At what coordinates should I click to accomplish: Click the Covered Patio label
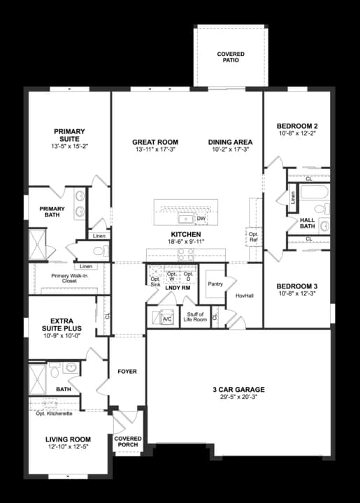click(x=230, y=57)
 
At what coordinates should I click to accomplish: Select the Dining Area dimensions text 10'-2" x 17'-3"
click(x=230, y=151)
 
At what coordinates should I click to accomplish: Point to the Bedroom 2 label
click(x=297, y=126)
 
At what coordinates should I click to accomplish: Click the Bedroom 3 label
click(x=297, y=286)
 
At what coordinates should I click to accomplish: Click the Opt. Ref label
click(x=254, y=237)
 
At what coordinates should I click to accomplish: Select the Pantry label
click(x=215, y=284)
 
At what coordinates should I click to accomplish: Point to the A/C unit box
click(x=166, y=319)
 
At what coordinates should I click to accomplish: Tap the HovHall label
click(x=245, y=296)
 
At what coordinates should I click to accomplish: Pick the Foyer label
click(x=127, y=371)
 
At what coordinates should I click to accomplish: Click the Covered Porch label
click(x=128, y=442)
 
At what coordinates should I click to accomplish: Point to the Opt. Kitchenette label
click(x=54, y=414)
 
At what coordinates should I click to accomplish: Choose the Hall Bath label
click(x=308, y=222)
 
